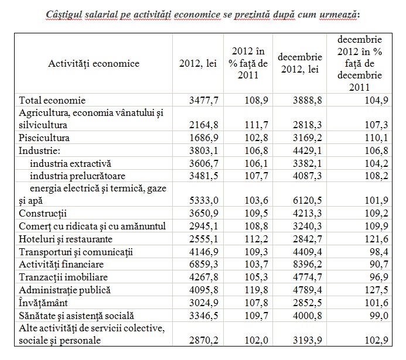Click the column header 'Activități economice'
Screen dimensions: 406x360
point(94,63)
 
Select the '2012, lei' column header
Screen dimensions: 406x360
point(198,64)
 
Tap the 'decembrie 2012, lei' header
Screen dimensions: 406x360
point(300,63)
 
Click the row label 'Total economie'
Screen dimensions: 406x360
point(52,100)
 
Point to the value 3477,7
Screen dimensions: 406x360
point(204,100)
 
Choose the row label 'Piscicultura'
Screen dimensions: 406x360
point(44,138)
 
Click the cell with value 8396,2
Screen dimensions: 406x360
point(308,265)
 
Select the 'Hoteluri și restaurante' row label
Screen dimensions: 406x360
point(66,239)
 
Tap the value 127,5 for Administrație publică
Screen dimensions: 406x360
point(377,290)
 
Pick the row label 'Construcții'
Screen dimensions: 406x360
point(43,214)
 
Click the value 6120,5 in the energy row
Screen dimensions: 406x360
point(308,200)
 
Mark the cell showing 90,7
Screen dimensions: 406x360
point(379,265)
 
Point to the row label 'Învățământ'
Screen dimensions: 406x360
point(43,303)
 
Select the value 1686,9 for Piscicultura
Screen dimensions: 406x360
point(204,138)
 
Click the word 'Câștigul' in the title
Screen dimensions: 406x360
point(64,15)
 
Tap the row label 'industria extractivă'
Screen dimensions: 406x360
point(70,163)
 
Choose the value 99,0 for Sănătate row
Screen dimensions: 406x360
point(379,316)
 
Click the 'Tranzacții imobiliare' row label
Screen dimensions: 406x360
point(63,277)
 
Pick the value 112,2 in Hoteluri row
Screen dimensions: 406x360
point(257,239)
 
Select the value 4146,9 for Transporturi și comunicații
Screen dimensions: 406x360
point(204,252)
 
